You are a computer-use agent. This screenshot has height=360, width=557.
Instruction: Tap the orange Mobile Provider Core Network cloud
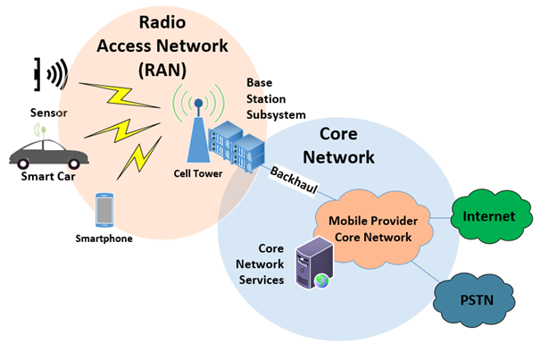[370, 229]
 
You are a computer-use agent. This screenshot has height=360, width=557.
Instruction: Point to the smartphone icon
[104, 211]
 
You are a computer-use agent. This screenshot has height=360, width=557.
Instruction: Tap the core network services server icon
[313, 263]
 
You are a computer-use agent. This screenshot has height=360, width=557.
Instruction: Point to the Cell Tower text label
[197, 173]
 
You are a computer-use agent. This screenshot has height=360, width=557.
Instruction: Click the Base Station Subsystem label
[276, 98]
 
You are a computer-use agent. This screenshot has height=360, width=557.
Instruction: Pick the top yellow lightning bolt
[114, 92]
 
